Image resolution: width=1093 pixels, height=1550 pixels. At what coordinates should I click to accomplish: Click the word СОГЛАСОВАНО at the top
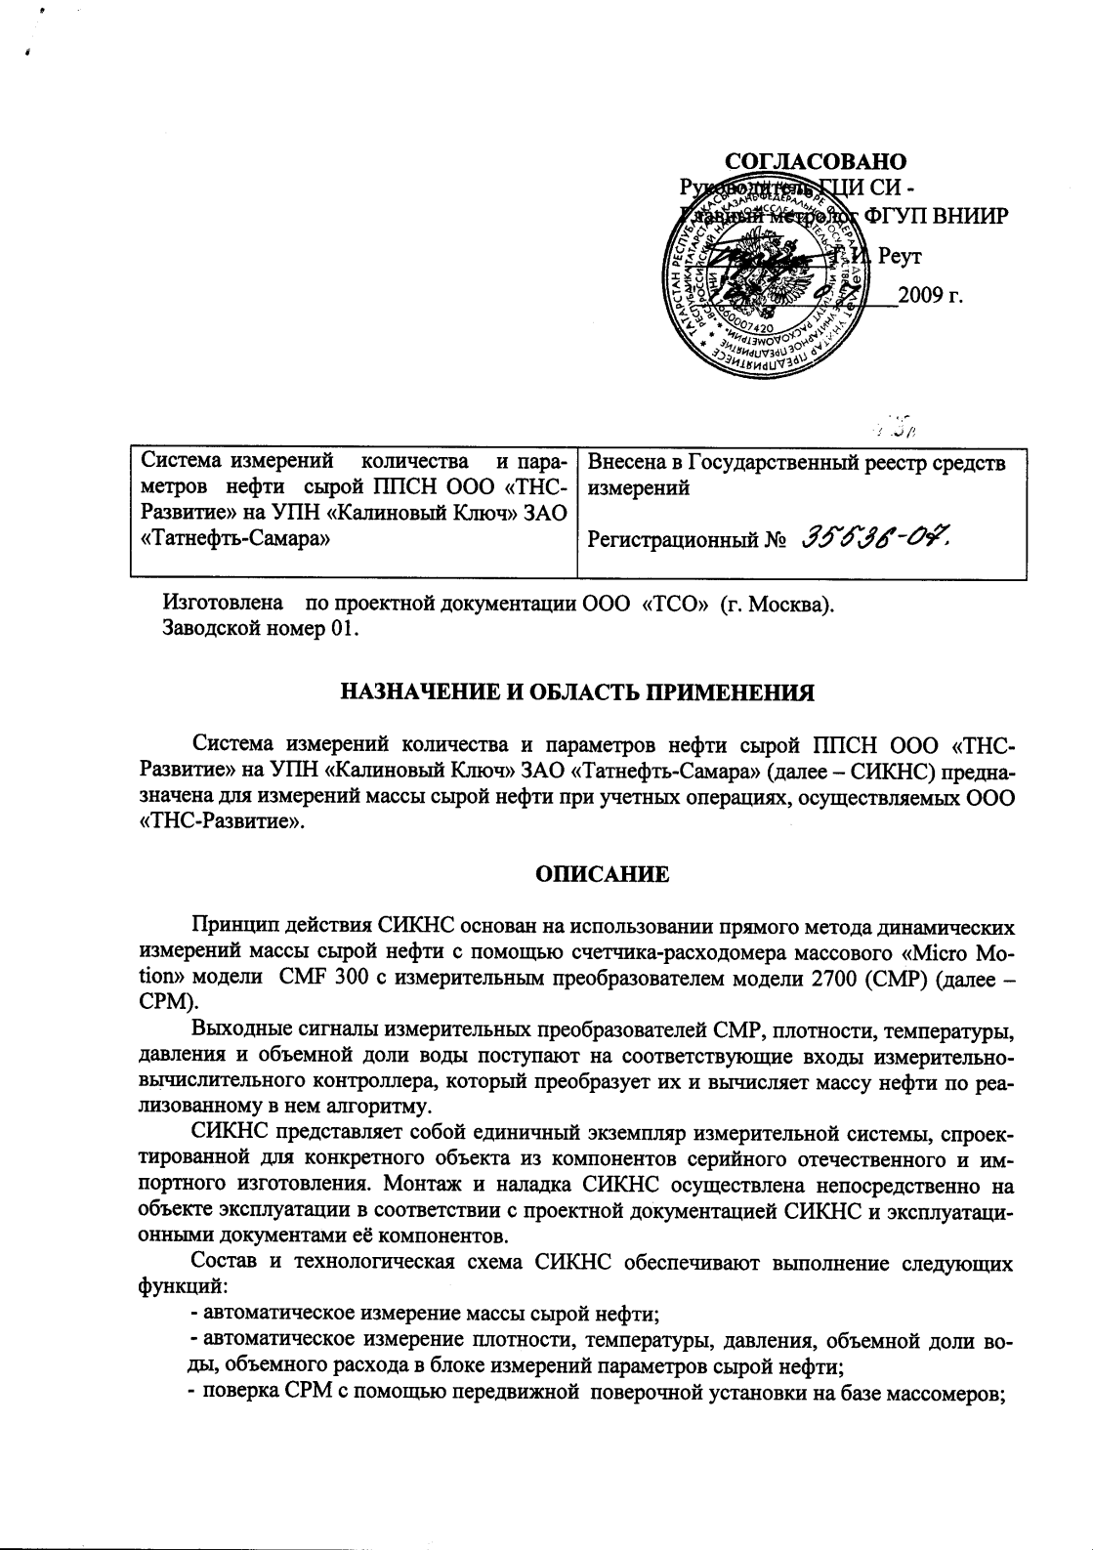816,161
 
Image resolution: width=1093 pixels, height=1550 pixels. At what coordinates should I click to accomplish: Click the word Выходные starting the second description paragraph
235,1029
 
